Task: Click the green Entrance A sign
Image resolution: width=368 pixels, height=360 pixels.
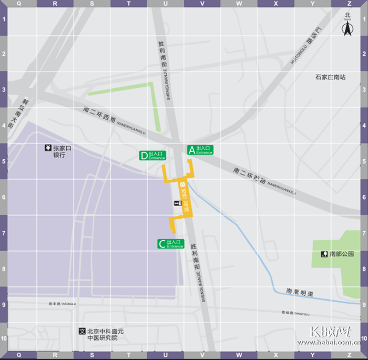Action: pos(200,150)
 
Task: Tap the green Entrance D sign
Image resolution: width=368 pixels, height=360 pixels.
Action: pos(152,156)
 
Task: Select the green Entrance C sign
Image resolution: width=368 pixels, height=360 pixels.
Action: pos(171,244)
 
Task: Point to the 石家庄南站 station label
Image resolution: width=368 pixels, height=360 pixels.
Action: pos(330,77)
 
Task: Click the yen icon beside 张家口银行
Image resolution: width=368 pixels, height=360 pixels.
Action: pos(48,148)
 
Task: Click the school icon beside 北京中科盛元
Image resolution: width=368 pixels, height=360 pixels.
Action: pos(81,331)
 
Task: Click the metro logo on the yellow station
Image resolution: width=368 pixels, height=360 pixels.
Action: pos(183,184)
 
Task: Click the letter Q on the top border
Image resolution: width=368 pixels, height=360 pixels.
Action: pos(19,4)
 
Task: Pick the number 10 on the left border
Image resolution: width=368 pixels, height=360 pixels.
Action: pos(4,339)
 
